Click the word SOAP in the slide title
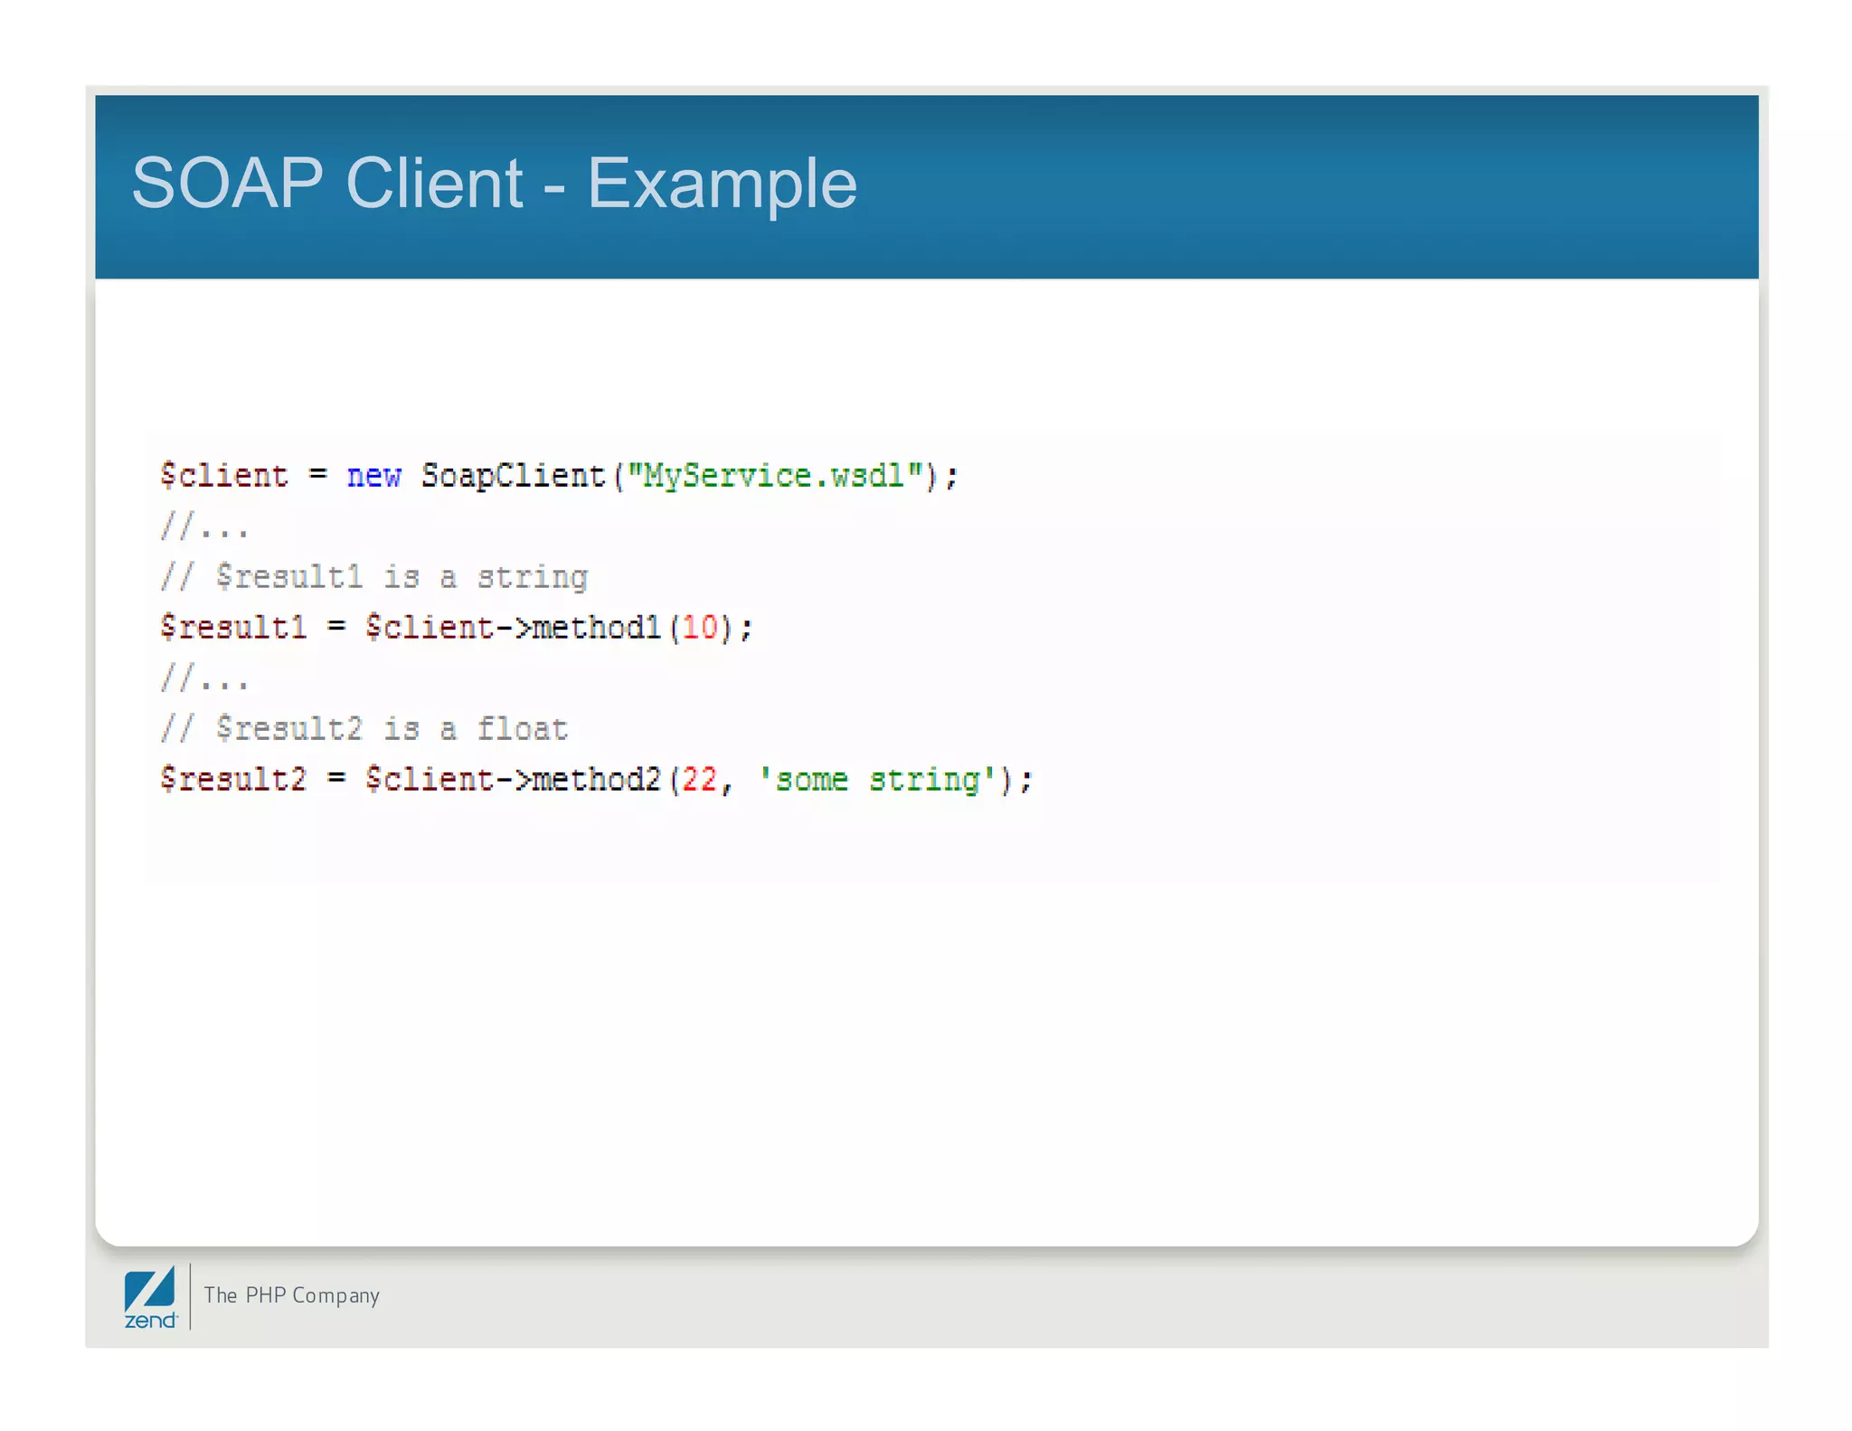click(227, 184)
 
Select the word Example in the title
click(722, 184)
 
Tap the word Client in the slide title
click(434, 184)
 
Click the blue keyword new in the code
click(373, 476)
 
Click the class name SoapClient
click(513, 476)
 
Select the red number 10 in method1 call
click(700, 628)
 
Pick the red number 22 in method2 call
click(700, 780)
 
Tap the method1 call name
click(597, 628)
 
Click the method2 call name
click(597, 780)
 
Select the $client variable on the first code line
click(224, 476)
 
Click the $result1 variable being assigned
click(233, 628)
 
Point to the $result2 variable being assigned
click(233, 780)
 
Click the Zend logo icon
click(150, 1297)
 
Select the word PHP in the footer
click(265, 1295)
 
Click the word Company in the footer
click(335, 1296)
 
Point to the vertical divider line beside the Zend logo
click(191, 1296)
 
